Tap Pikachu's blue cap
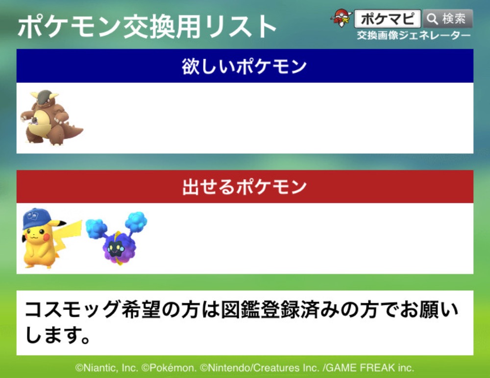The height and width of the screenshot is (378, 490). [x=37, y=218]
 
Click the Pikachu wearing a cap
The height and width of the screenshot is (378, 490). [x=47, y=238]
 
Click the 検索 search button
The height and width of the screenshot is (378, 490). [x=448, y=19]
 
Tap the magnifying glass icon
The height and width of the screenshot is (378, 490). [x=432, y=19]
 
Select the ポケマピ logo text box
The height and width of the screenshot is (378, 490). [x=387, y=19]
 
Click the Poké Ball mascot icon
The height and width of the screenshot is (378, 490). [x=341, y=19]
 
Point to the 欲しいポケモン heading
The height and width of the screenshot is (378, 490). [x=245, y=66]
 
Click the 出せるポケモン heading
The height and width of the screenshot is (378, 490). [x=245, y=187]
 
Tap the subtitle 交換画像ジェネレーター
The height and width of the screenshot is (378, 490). [x=414, y=36]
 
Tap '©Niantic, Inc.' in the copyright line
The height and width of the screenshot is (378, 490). [x=106, y=368]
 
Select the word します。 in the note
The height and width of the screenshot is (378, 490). [x=57, y=335]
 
